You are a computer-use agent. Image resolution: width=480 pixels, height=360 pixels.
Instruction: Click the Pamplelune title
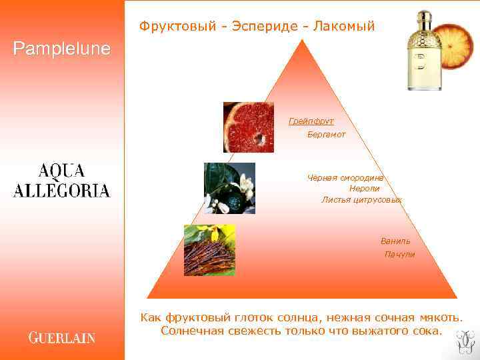pos(61,49)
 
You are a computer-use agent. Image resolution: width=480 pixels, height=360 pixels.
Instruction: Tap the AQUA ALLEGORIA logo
pos(61,180)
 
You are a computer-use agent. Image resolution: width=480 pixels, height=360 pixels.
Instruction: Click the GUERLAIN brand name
pos(61,337)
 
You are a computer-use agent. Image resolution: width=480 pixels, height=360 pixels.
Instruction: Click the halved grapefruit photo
pos(248,127)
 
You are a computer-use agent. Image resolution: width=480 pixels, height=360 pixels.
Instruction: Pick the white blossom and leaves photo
pos(229,188)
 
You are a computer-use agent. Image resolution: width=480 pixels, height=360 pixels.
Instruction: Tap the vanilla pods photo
pos(209,250)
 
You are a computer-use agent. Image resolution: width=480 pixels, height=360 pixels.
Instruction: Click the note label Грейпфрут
pos(311,121)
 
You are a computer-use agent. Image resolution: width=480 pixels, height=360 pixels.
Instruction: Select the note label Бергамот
pos(326,135)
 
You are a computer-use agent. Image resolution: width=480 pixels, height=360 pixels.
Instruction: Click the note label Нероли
pos(364,189)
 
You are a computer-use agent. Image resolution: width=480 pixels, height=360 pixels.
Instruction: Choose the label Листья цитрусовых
pos(361,199)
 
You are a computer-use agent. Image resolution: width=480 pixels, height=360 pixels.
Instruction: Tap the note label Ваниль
pos(395,241)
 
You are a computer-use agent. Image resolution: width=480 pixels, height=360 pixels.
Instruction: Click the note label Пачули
pos(399,255)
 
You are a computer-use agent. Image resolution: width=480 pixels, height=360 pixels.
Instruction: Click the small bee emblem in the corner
pos(464,341)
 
